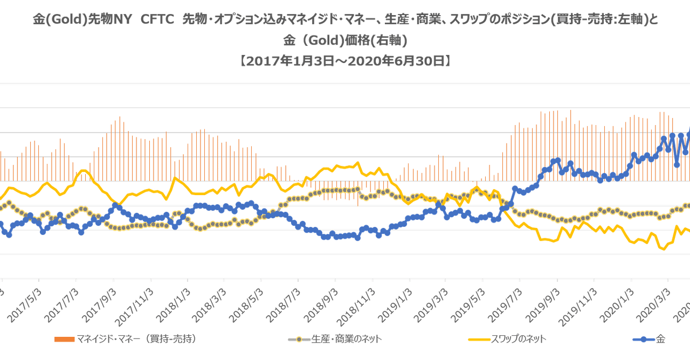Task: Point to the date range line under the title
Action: tap(344, 61)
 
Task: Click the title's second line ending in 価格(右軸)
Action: tap(344, 41)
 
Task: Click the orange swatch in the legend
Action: tap(65, 340)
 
